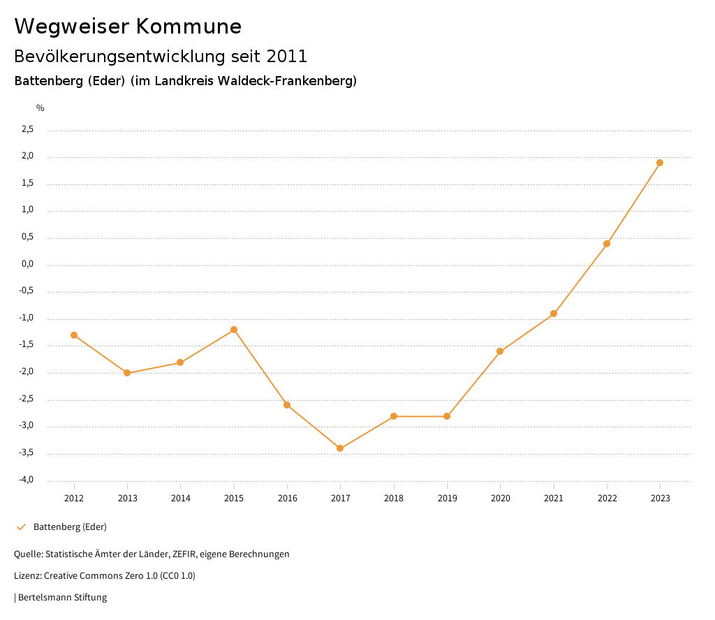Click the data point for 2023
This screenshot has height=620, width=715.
click(660, 163)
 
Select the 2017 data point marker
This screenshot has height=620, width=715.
click(340, 448)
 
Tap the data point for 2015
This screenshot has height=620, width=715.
click(234, 330)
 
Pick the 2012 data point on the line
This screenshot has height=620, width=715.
click(74, 335)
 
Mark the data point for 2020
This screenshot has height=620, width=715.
click(500, 351)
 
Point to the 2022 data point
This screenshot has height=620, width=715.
click(607, 244)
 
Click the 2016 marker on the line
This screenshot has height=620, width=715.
click(287, 405)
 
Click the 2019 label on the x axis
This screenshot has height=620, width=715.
click(447, 498)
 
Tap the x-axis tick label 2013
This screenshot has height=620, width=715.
click(127, 498)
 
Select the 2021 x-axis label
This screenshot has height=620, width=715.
click(554, 498)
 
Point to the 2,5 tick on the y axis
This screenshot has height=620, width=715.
click(27, 129)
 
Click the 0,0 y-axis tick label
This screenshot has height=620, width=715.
click(27, 265)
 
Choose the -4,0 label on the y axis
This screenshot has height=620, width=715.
click(26, 480)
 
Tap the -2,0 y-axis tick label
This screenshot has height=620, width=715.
click(26, 372)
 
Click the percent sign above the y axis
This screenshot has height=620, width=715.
click(40, 108)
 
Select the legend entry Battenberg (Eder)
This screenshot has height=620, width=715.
click(70, 526)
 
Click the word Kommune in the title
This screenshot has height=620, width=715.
click(189, 27)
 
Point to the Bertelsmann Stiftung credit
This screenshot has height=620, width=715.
click(62, 598)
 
